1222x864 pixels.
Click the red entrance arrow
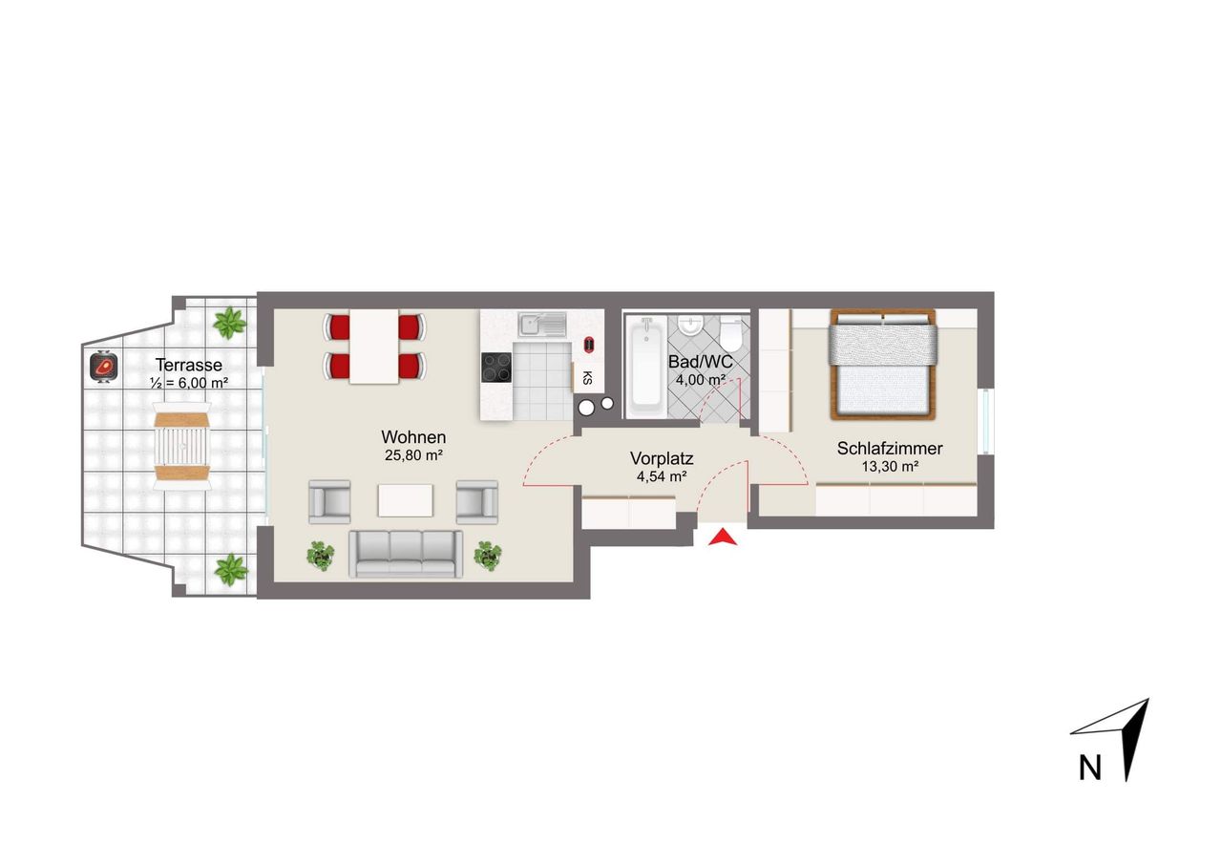[x=723, y=537]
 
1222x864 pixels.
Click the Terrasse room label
[x=189, y=365]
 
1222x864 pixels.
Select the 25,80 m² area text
[x=413, y=455]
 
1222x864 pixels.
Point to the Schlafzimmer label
[x=890, y=449]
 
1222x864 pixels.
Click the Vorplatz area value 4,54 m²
[x=662, y=476]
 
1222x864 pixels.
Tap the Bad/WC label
[x=701, y=362]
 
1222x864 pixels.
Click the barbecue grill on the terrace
[x=104, y=366]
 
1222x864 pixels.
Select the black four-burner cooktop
[x=496, y=368]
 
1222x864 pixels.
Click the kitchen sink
[x=542, y=324]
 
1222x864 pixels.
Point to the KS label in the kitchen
[x=587, y=377]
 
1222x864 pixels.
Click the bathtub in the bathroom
[x=646, y=369]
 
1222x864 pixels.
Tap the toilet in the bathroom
[x=730, y=334]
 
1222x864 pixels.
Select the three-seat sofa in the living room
[x=406, y=554]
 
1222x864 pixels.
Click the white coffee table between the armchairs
[x=406, y=500]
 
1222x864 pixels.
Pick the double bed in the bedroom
[x=883, y=365]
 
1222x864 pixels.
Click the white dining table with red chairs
[x=374, y=347]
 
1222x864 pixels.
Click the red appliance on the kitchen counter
[x=589, y=345]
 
